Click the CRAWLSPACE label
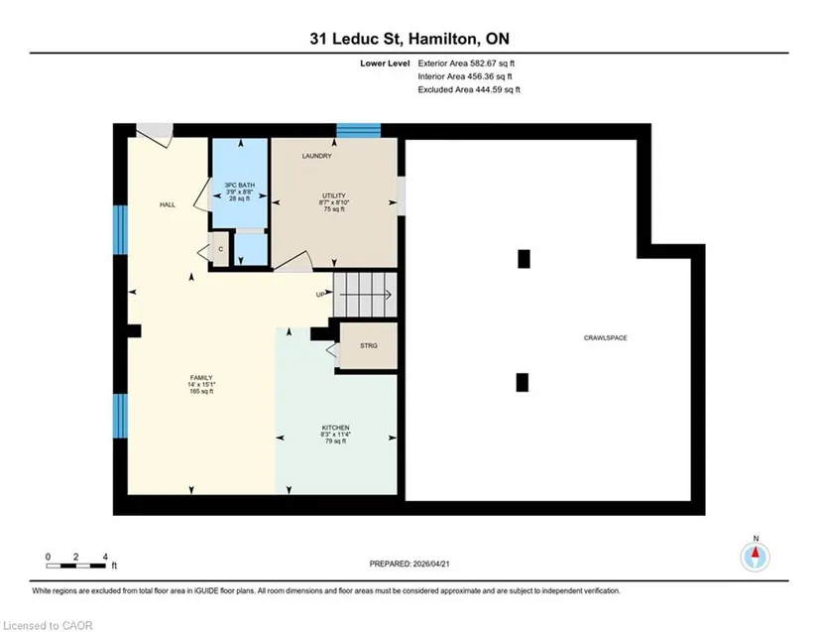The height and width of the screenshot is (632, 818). click(605, 337)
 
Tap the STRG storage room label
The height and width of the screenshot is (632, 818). click(368, 345)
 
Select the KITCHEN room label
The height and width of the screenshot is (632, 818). click(335, 428)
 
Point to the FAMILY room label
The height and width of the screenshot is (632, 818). click(201, 378)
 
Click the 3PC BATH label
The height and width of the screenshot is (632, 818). click(240, 186)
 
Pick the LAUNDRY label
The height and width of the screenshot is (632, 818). click(316, 156)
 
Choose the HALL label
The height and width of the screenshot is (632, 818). click(168, 204)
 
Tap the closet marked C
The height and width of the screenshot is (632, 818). click(221, 249)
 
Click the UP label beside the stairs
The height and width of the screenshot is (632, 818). click(320, 295)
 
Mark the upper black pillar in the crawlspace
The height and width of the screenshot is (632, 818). click(524, 259)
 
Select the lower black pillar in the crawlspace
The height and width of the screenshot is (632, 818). click(523, 382)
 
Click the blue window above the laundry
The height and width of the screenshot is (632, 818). click(358, 131)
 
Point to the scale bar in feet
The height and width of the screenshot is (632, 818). click(76, 566)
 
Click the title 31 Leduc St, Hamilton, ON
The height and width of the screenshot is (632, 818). click(409, 39)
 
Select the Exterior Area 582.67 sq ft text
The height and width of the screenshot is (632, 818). click(466, 63)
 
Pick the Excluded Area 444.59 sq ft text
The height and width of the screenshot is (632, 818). click(469, 89)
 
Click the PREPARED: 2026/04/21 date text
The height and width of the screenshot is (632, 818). click(409, 564)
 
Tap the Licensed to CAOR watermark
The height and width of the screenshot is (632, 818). click(48, 625)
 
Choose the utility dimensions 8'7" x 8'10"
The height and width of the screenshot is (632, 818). click(334, 202)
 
